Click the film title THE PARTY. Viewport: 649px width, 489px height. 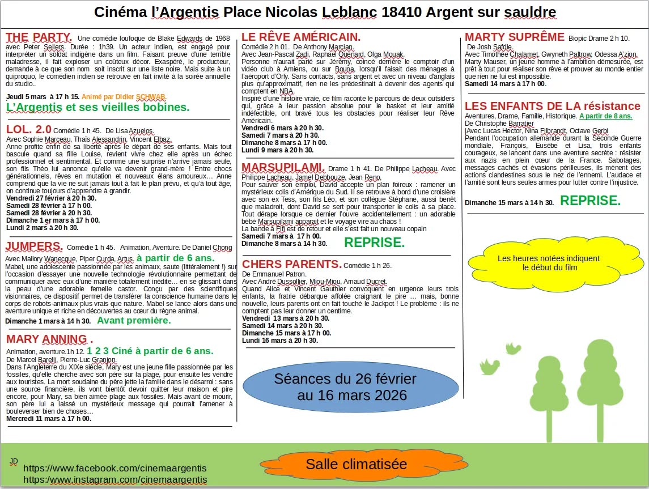[x=39, y=38]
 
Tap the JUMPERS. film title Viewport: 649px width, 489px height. [x=35, y=246]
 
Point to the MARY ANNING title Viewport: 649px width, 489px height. [x=49, y=339]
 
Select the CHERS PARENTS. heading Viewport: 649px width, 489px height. [x=292, y=265]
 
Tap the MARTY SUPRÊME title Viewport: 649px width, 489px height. [x=514, y=37]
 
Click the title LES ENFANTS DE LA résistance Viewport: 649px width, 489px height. [x=552, y=106]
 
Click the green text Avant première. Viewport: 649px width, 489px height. [x=134, y=321]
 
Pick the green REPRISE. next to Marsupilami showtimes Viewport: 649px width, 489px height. [x=375, y=243]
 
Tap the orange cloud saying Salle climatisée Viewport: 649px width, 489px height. [x=356, y=465]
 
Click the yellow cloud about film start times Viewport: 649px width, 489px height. [x=548, y=263]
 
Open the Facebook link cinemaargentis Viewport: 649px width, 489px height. [x=114, y=469]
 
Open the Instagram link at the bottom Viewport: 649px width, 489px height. [x=114, y=480]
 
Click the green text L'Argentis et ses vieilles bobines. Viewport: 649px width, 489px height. [x=97, y=107]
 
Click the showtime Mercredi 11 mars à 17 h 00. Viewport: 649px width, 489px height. [x=49, y=419]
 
